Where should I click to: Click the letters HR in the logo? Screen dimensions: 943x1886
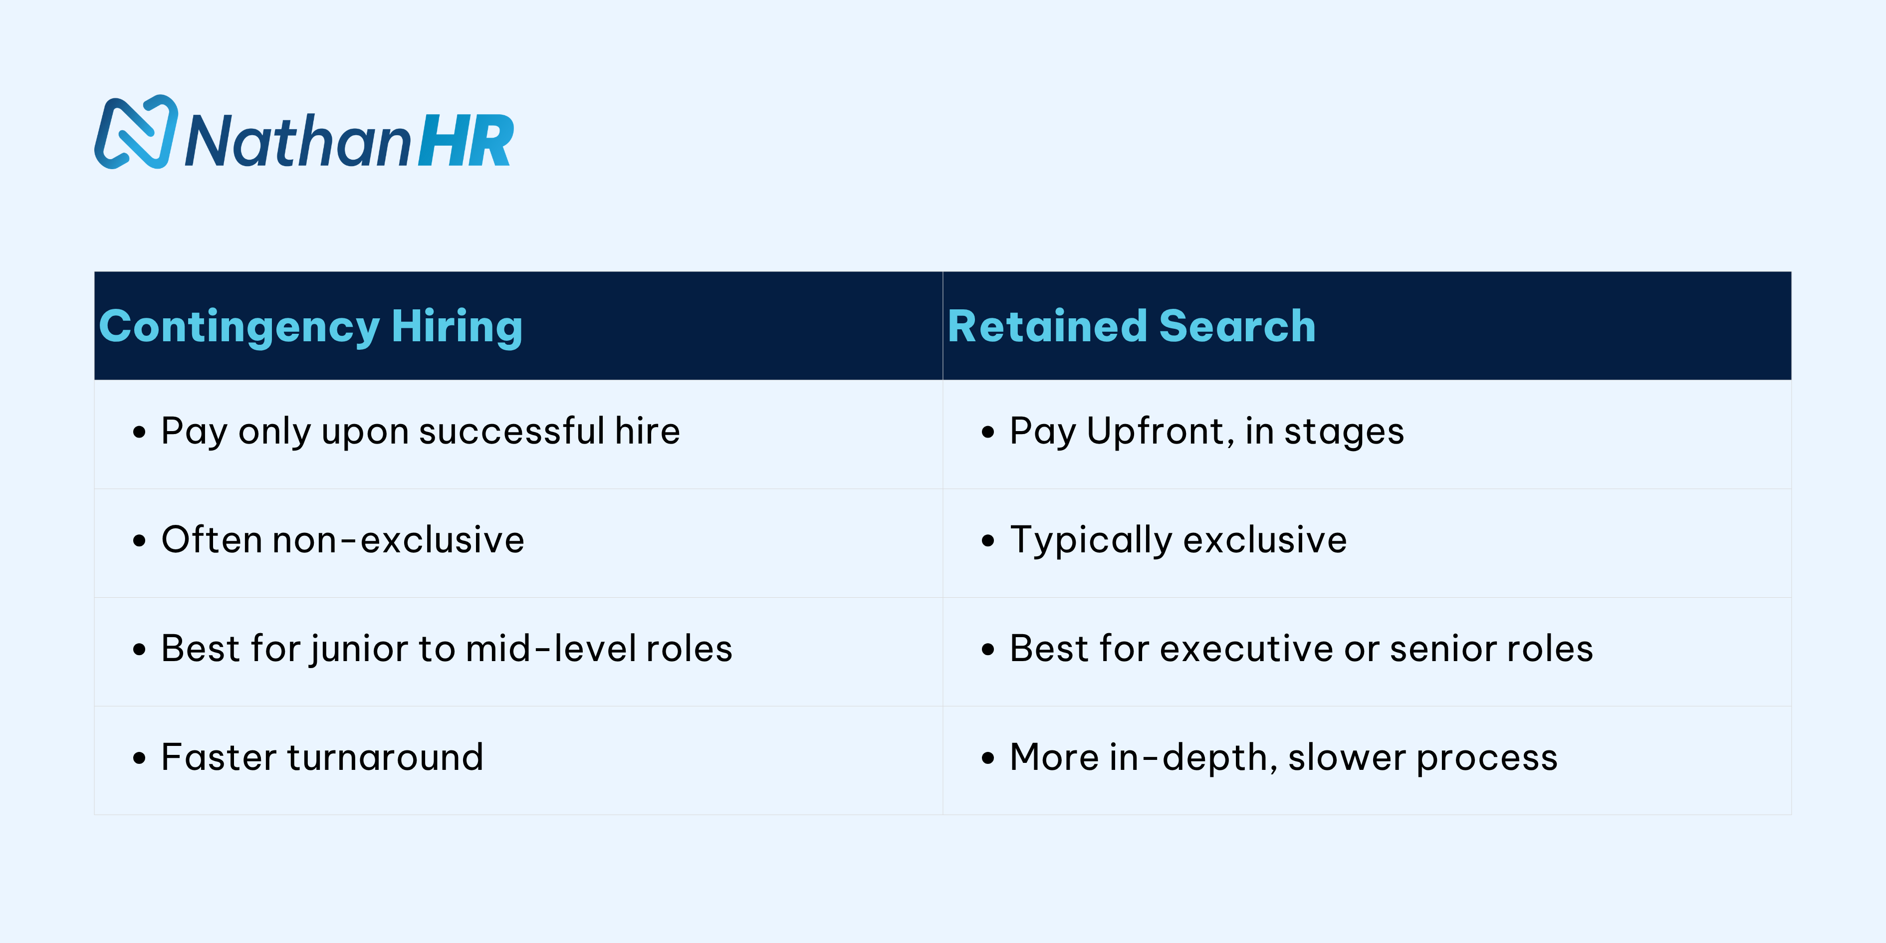coord(466,141)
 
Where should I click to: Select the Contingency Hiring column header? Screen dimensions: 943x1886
coord(310,326)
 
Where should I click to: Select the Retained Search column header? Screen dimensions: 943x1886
coord(1131,326)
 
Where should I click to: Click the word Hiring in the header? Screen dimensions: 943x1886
coord(457,326)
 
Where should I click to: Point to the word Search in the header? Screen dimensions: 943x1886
coord(1237,326)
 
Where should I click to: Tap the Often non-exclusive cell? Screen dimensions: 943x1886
coord(343,540)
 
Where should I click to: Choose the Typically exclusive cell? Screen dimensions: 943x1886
coord(1178,540)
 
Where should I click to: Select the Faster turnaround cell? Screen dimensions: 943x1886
coord(322,757)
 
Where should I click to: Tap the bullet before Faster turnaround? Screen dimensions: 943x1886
coord(139,758)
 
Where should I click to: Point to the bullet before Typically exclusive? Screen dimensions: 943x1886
coord(988,542)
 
